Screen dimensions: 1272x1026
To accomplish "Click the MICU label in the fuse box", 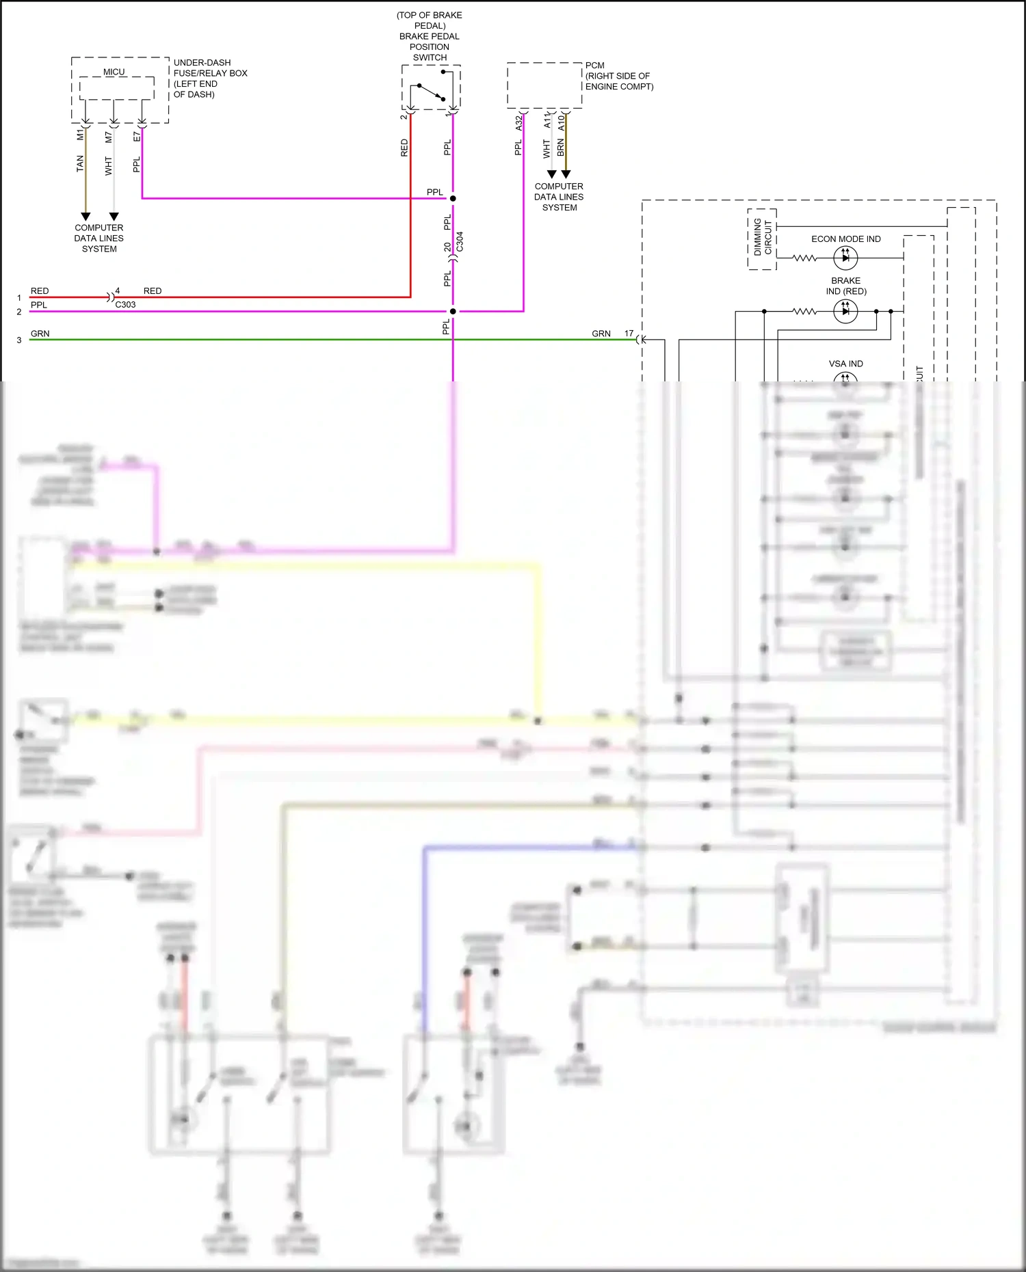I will [114, 72].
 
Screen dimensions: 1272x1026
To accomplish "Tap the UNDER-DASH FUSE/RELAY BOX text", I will [210, 78].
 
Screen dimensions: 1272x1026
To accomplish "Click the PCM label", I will [594, 66].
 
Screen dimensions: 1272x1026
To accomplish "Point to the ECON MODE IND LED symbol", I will [845, 258].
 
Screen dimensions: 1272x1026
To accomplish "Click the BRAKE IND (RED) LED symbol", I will [845, 311].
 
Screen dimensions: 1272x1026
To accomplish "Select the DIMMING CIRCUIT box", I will [762, 239].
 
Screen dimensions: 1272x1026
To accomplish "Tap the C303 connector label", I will [125, 305].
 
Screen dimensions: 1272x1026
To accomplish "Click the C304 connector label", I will [460, 241].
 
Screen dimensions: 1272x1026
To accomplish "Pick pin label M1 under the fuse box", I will [80, 135].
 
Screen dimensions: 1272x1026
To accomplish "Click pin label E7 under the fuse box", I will [137, 137].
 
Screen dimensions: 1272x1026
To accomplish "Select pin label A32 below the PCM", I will [518, 123].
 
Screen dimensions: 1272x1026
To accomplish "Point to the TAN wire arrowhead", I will [85, 216].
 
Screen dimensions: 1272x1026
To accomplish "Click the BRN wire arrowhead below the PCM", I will [566, 174].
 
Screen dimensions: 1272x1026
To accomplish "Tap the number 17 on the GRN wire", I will [629, 334].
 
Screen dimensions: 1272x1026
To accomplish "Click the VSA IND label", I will [845, 364].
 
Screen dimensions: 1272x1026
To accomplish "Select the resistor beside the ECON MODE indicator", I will [804, 258].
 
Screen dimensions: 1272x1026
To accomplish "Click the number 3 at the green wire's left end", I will [19, 340].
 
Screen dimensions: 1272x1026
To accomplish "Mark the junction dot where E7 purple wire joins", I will [453, 198].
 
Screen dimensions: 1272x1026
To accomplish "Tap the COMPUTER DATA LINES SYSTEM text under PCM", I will [559, 197].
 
